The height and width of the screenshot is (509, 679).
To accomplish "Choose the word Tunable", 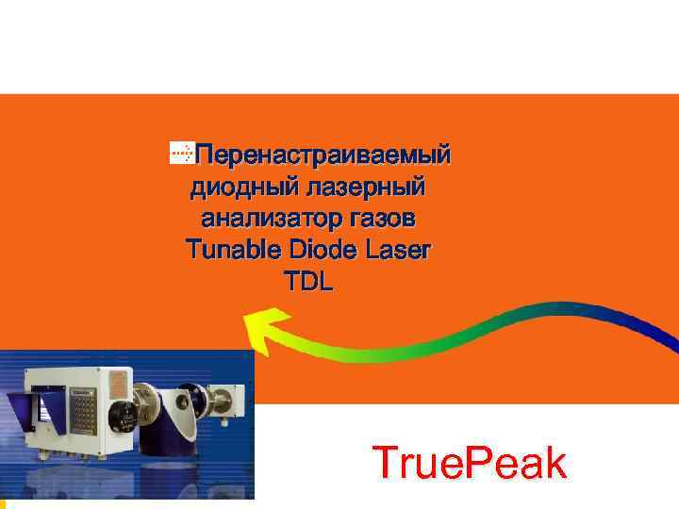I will tap(232, 251).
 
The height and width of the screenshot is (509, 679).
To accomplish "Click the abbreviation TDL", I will tap(307, 282).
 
